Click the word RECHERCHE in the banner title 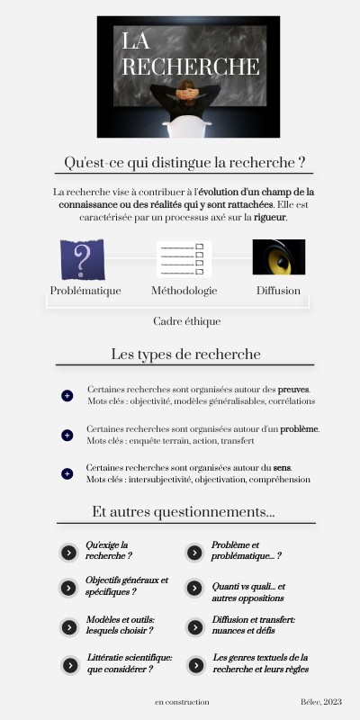[x=191, y=67]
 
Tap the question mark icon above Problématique [x=82, y=259]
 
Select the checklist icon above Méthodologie [x=184, y=259]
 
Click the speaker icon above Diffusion [x=278, y=258]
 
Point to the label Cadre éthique [x=186, y=321]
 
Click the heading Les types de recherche [x=185, y=354]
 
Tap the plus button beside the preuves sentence [x=67, y=396]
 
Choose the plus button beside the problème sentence [x=67, y=436]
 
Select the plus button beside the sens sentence [x=67, y=474]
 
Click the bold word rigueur [x=271, y=218]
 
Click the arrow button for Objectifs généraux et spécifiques [x=68, y=588]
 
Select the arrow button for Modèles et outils [x=68, y=626]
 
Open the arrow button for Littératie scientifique [x=68, y=665]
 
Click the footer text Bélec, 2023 [x=321, y=702]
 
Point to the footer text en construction [x=182, y=702]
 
